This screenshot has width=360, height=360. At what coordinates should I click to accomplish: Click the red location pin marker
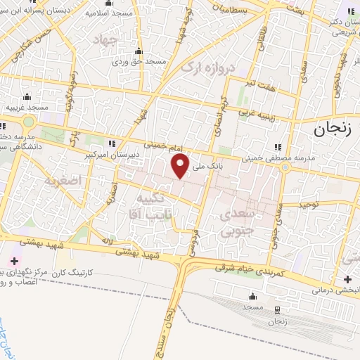tap(181, 167)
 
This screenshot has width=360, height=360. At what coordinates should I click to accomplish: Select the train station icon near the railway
tap(276, 309)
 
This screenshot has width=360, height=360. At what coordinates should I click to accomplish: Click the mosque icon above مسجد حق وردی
tap(138, 51)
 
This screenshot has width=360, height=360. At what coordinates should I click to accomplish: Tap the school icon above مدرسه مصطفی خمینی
tap(278, 147)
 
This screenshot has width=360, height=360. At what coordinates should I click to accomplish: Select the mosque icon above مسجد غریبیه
tap(27, 96)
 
